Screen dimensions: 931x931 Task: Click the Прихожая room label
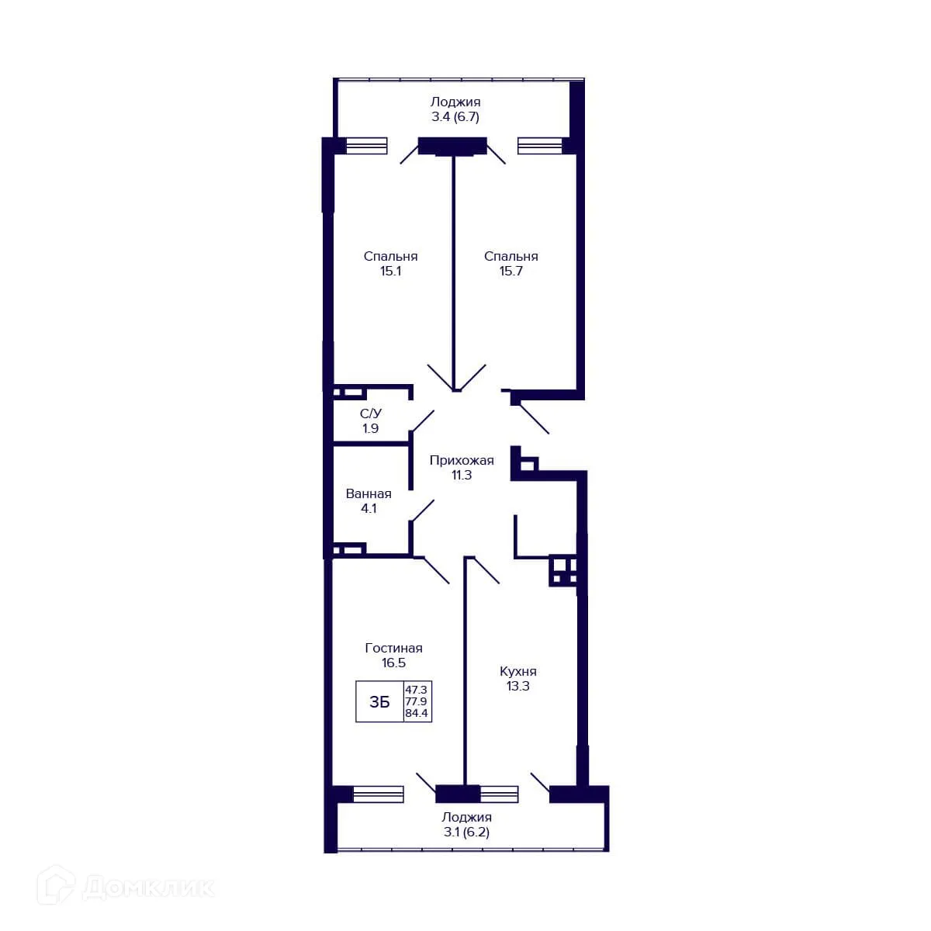tap(462, 460)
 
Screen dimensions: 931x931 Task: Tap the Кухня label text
tap(517, 671)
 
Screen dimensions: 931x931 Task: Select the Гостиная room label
tap(393, 648)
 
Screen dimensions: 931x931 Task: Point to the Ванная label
tap(369, 493)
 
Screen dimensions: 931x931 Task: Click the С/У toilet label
tap(370, 414)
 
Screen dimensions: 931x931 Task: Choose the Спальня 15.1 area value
tap(390, 272)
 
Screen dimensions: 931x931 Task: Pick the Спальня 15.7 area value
tap(510, 272)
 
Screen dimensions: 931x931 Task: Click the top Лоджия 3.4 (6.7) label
tap(455, 109)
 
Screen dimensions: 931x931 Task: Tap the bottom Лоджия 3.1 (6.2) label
tap(466, 825)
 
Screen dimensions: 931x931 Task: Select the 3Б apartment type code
tap(379, 702)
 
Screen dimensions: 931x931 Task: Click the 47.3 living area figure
tap(417, 689)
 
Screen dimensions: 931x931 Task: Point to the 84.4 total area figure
tap(417, 714)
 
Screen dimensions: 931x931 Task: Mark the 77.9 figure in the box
tap(417, 701)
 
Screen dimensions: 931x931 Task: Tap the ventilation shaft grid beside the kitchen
tap(563, 570)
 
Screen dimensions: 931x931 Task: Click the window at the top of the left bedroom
tap(366, 145)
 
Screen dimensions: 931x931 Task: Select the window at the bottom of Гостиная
tap(378, 794)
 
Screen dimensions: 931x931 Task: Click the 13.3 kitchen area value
tap(517, 686)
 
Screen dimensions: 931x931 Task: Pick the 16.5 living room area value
tap(393, 663)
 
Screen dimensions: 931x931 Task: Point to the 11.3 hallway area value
tap(462, 476)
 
